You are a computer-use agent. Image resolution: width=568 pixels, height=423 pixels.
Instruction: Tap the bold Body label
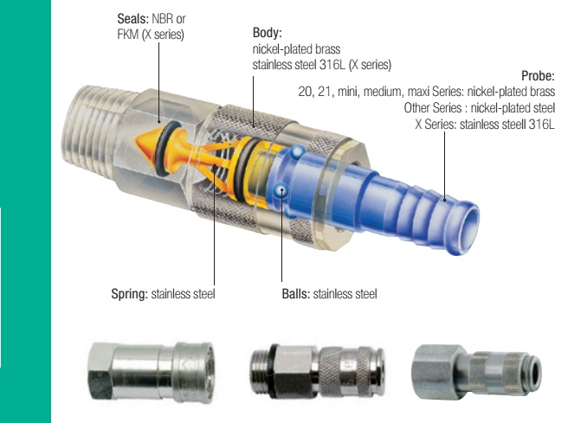coord(267,33)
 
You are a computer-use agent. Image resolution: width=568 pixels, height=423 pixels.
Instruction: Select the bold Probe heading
coord(538,75)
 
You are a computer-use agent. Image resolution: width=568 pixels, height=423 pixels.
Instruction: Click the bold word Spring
coord(129,294)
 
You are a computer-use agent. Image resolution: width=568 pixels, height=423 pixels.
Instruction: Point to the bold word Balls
coord(296,294)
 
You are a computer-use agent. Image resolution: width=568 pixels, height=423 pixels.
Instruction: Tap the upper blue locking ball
coord(297,151)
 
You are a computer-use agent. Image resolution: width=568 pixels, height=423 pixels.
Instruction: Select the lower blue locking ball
coord(281,190)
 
